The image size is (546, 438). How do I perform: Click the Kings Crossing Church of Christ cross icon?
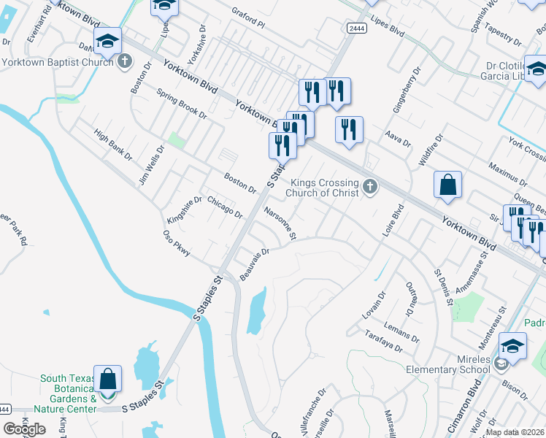(370, 187)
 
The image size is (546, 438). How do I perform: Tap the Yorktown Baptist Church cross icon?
(125, 61)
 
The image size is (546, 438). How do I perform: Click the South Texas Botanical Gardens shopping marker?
(107, 380)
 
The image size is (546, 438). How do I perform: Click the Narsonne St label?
(280, 223)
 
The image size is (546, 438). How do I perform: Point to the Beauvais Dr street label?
(255, 264)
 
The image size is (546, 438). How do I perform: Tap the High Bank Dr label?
(112, 145)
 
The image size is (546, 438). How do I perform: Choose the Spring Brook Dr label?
(182, 104)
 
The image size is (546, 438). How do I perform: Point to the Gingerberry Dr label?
(407, 91)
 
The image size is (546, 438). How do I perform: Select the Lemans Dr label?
(400, 325)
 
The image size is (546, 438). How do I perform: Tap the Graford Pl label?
(248, 18)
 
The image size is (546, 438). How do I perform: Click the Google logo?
(24, 429)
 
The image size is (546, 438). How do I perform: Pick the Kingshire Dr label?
(184, 210)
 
